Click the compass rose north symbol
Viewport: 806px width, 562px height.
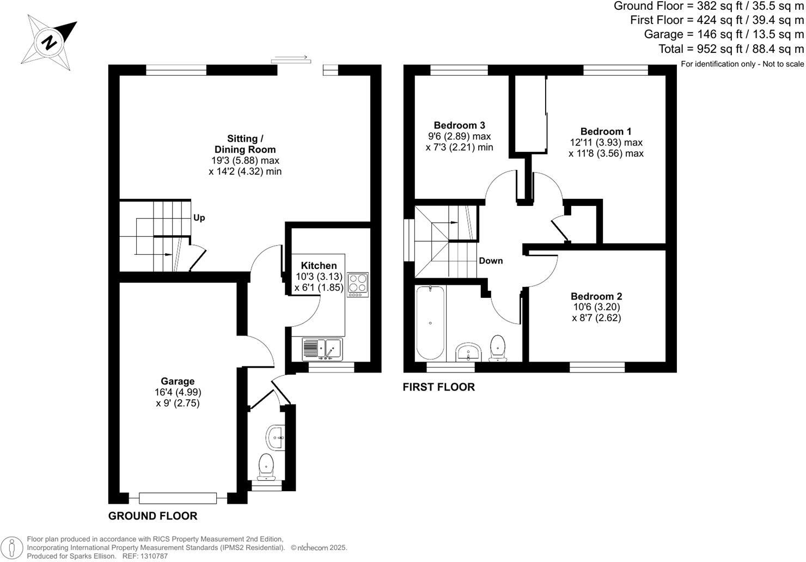pyautogui.click(x=49, y=42)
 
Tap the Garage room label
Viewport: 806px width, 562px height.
pyautogui.click(x=178, y=381)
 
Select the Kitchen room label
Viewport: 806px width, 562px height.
pyautogui.click(x=316, y=266)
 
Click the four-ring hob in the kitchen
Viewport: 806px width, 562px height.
pyautogui.click(x=357, y=283)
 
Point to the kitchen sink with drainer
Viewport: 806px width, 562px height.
pyautogui.click(x=321, y=349)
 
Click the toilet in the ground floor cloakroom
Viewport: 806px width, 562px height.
pyautogui.click(x=266, y=466)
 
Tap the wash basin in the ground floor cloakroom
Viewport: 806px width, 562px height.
pyautogui.click(x=275, y=437)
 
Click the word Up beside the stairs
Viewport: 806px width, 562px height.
pyautogui.click(x=199, y=218)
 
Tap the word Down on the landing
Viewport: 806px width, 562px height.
pyautogui.click(x=491, y=261)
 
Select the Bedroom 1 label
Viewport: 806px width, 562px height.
pyautogui.click(x=606, y=131)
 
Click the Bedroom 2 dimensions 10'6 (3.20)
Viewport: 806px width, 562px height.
pyautogui.click(x=596, y=307)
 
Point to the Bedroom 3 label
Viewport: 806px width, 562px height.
pyautogui.click(x=459, y=125)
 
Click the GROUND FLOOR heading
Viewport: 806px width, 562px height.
pyautogui.click(x=152, y=516)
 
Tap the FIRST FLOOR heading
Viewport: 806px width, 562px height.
pyautogui.click(x=438, y=387)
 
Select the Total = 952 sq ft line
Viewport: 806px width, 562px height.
pyautogui.click(x=731, y=49)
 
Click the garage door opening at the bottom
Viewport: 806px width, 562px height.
pyautogui.click(x=178, y=498)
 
